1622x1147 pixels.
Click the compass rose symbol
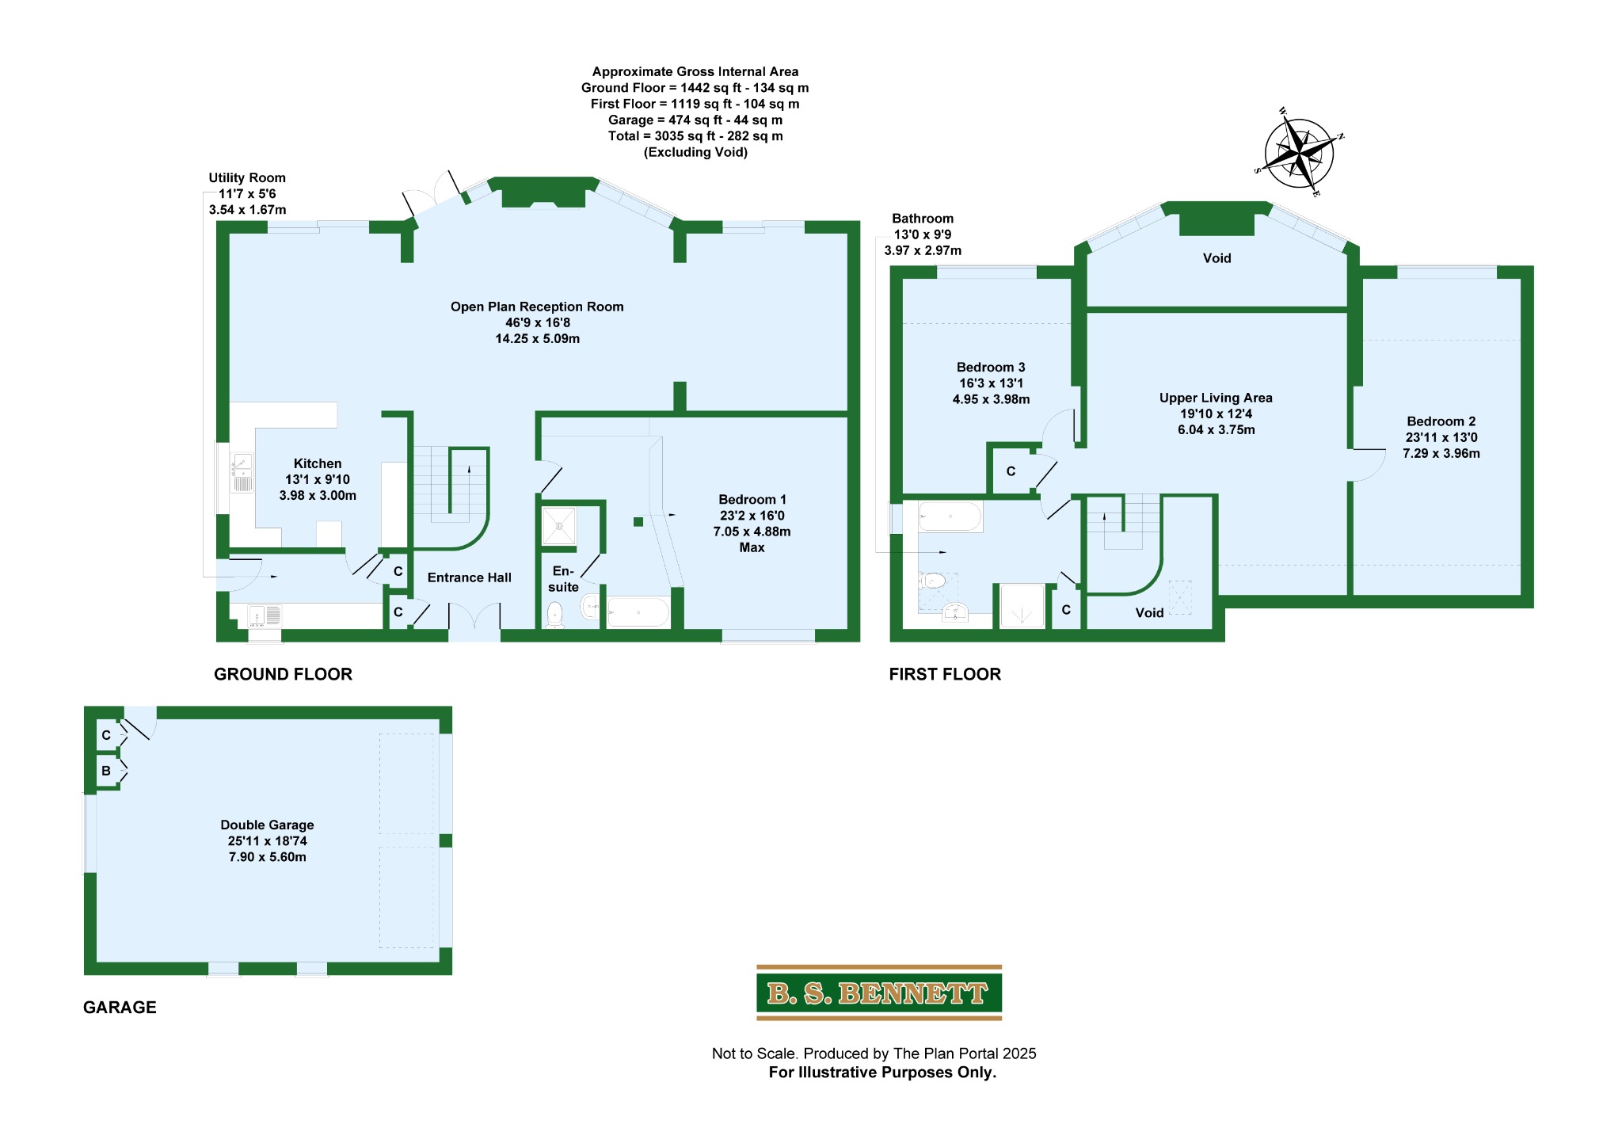[x=1299, y=153]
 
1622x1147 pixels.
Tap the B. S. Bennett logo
[x=879, y=993]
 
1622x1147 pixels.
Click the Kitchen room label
[x=318, y=479]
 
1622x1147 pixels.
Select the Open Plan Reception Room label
[x=537, y=322]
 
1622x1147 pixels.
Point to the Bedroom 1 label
[x=752, y=523]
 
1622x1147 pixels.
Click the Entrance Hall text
[x=470, y=577]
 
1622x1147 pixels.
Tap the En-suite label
[x=563, y=579]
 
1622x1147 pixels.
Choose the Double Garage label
[x=268, y=840]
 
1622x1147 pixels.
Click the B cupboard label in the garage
[x=106, y=771]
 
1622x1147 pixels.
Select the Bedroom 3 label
[x=991, y=383]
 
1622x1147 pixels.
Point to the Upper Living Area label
[x=1216, y=413]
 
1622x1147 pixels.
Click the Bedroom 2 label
[x=1441, y=437]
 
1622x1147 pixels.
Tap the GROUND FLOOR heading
[x=283, y=674]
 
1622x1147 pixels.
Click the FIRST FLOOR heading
[x=945, y=674]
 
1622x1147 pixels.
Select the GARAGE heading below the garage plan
[x=120, y=1008]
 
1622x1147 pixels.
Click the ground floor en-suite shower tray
[x=559, y=526]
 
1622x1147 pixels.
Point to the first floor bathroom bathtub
[x=950, y=517]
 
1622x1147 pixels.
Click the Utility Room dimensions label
[x=247, y=194]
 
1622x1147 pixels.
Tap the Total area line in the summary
[x=695, y=136]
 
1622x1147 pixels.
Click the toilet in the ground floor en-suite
[x=555, y=615]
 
